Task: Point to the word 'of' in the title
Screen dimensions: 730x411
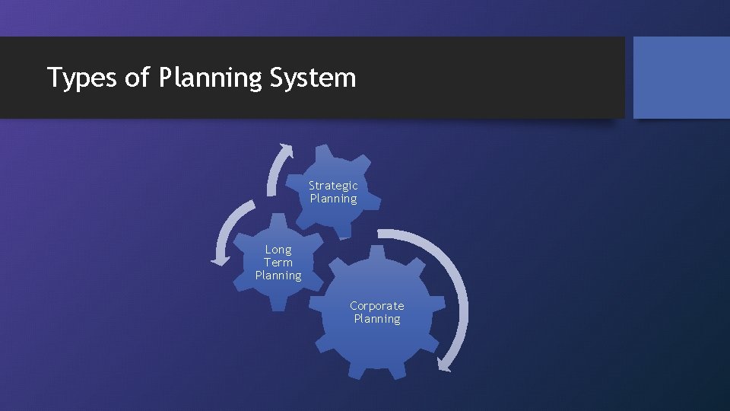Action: pyautogui.click(x=138, y=77)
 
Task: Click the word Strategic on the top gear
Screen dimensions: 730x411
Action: pyautogui.click(x=333, y=186)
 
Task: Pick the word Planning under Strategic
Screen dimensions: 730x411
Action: pyautogui.click(x=333, y=199)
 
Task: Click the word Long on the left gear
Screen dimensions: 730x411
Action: pyautogui.click(x=278, y=250)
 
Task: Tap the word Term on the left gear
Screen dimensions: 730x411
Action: pyautogui.click(x=278, y=263)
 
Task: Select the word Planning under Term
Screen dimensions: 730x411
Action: pyautogui.click(x=278, y=276)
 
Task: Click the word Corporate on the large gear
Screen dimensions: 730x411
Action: pyautogui.click(x=376, y=306)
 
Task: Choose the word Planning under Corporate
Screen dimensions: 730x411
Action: pyautogui.click(x=376, y=319)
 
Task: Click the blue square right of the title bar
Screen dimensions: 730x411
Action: pyautogui.click(x=681, y=78)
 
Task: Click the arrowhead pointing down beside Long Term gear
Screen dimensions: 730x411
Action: pyautogui.click(x=220, y=260)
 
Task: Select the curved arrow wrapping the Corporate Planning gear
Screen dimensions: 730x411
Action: pyautogui.click(x=451, y=282)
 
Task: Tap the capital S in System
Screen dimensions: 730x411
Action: pyautogui.click(x=277, y=77)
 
